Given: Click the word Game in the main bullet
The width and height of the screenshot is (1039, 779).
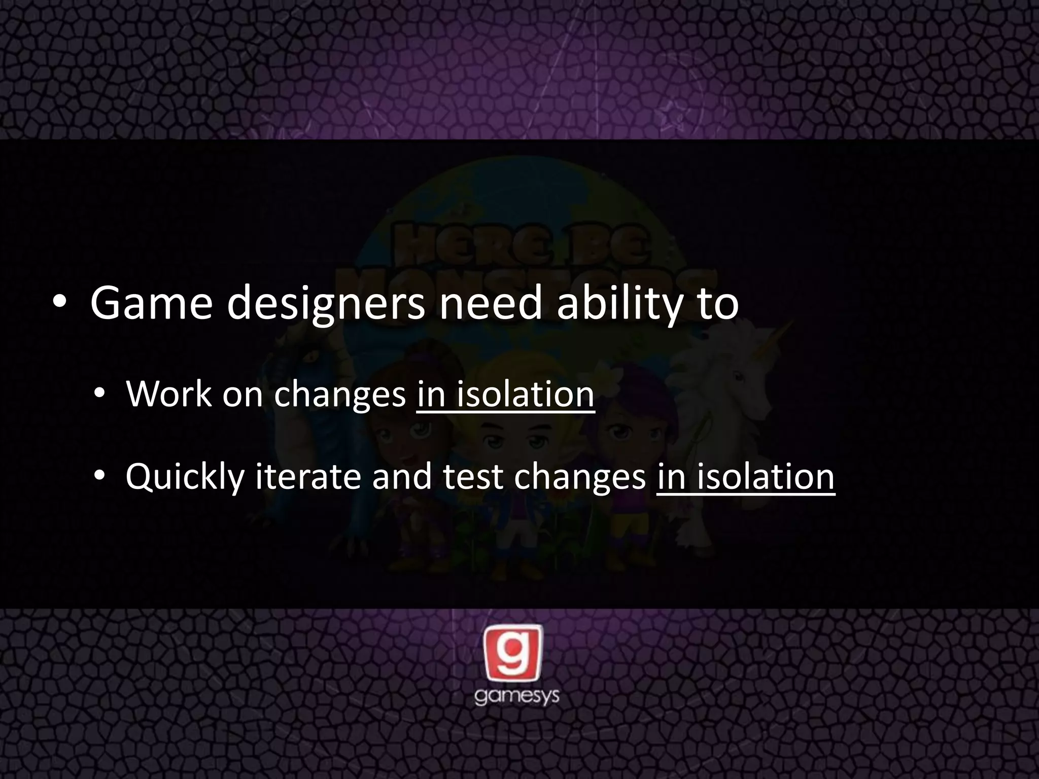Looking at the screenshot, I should tap(151, 304).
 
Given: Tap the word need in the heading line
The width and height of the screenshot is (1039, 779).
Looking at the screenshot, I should tap(491, 304).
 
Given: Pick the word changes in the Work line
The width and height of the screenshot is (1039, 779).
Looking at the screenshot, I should tap(340, 395).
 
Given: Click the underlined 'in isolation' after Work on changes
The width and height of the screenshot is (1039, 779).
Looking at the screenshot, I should tap(505, 394).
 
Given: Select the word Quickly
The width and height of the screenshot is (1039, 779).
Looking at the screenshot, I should tap(185, 477).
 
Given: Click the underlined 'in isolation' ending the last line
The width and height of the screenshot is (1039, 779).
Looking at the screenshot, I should tap(745, 477).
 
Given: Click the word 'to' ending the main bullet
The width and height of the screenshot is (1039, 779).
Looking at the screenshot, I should tap(717, 304).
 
